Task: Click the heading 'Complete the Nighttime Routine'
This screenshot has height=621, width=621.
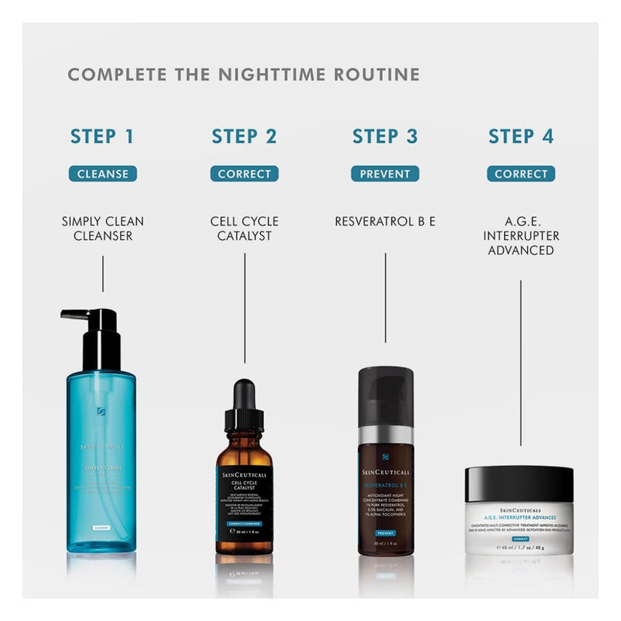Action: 243,75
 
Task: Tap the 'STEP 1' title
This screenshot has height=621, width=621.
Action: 102,136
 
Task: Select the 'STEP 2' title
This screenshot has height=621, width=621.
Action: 244,136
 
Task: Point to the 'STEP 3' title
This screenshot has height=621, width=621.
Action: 384,136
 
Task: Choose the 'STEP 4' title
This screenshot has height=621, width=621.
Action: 520,136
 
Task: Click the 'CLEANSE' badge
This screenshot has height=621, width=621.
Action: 103,174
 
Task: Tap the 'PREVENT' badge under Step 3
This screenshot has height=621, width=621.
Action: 384,174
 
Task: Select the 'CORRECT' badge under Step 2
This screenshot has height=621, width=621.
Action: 244,174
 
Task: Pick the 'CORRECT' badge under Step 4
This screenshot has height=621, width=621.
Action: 520,174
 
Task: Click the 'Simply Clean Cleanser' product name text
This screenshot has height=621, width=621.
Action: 103,228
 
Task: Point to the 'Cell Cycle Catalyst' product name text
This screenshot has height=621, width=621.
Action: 244,228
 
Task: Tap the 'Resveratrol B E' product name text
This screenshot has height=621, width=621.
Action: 384,221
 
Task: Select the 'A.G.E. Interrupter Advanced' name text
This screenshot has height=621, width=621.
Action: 520,236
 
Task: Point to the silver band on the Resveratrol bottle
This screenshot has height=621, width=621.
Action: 385,434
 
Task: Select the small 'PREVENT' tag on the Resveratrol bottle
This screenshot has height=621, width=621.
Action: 384,532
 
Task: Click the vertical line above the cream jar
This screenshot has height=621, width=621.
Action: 520,362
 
